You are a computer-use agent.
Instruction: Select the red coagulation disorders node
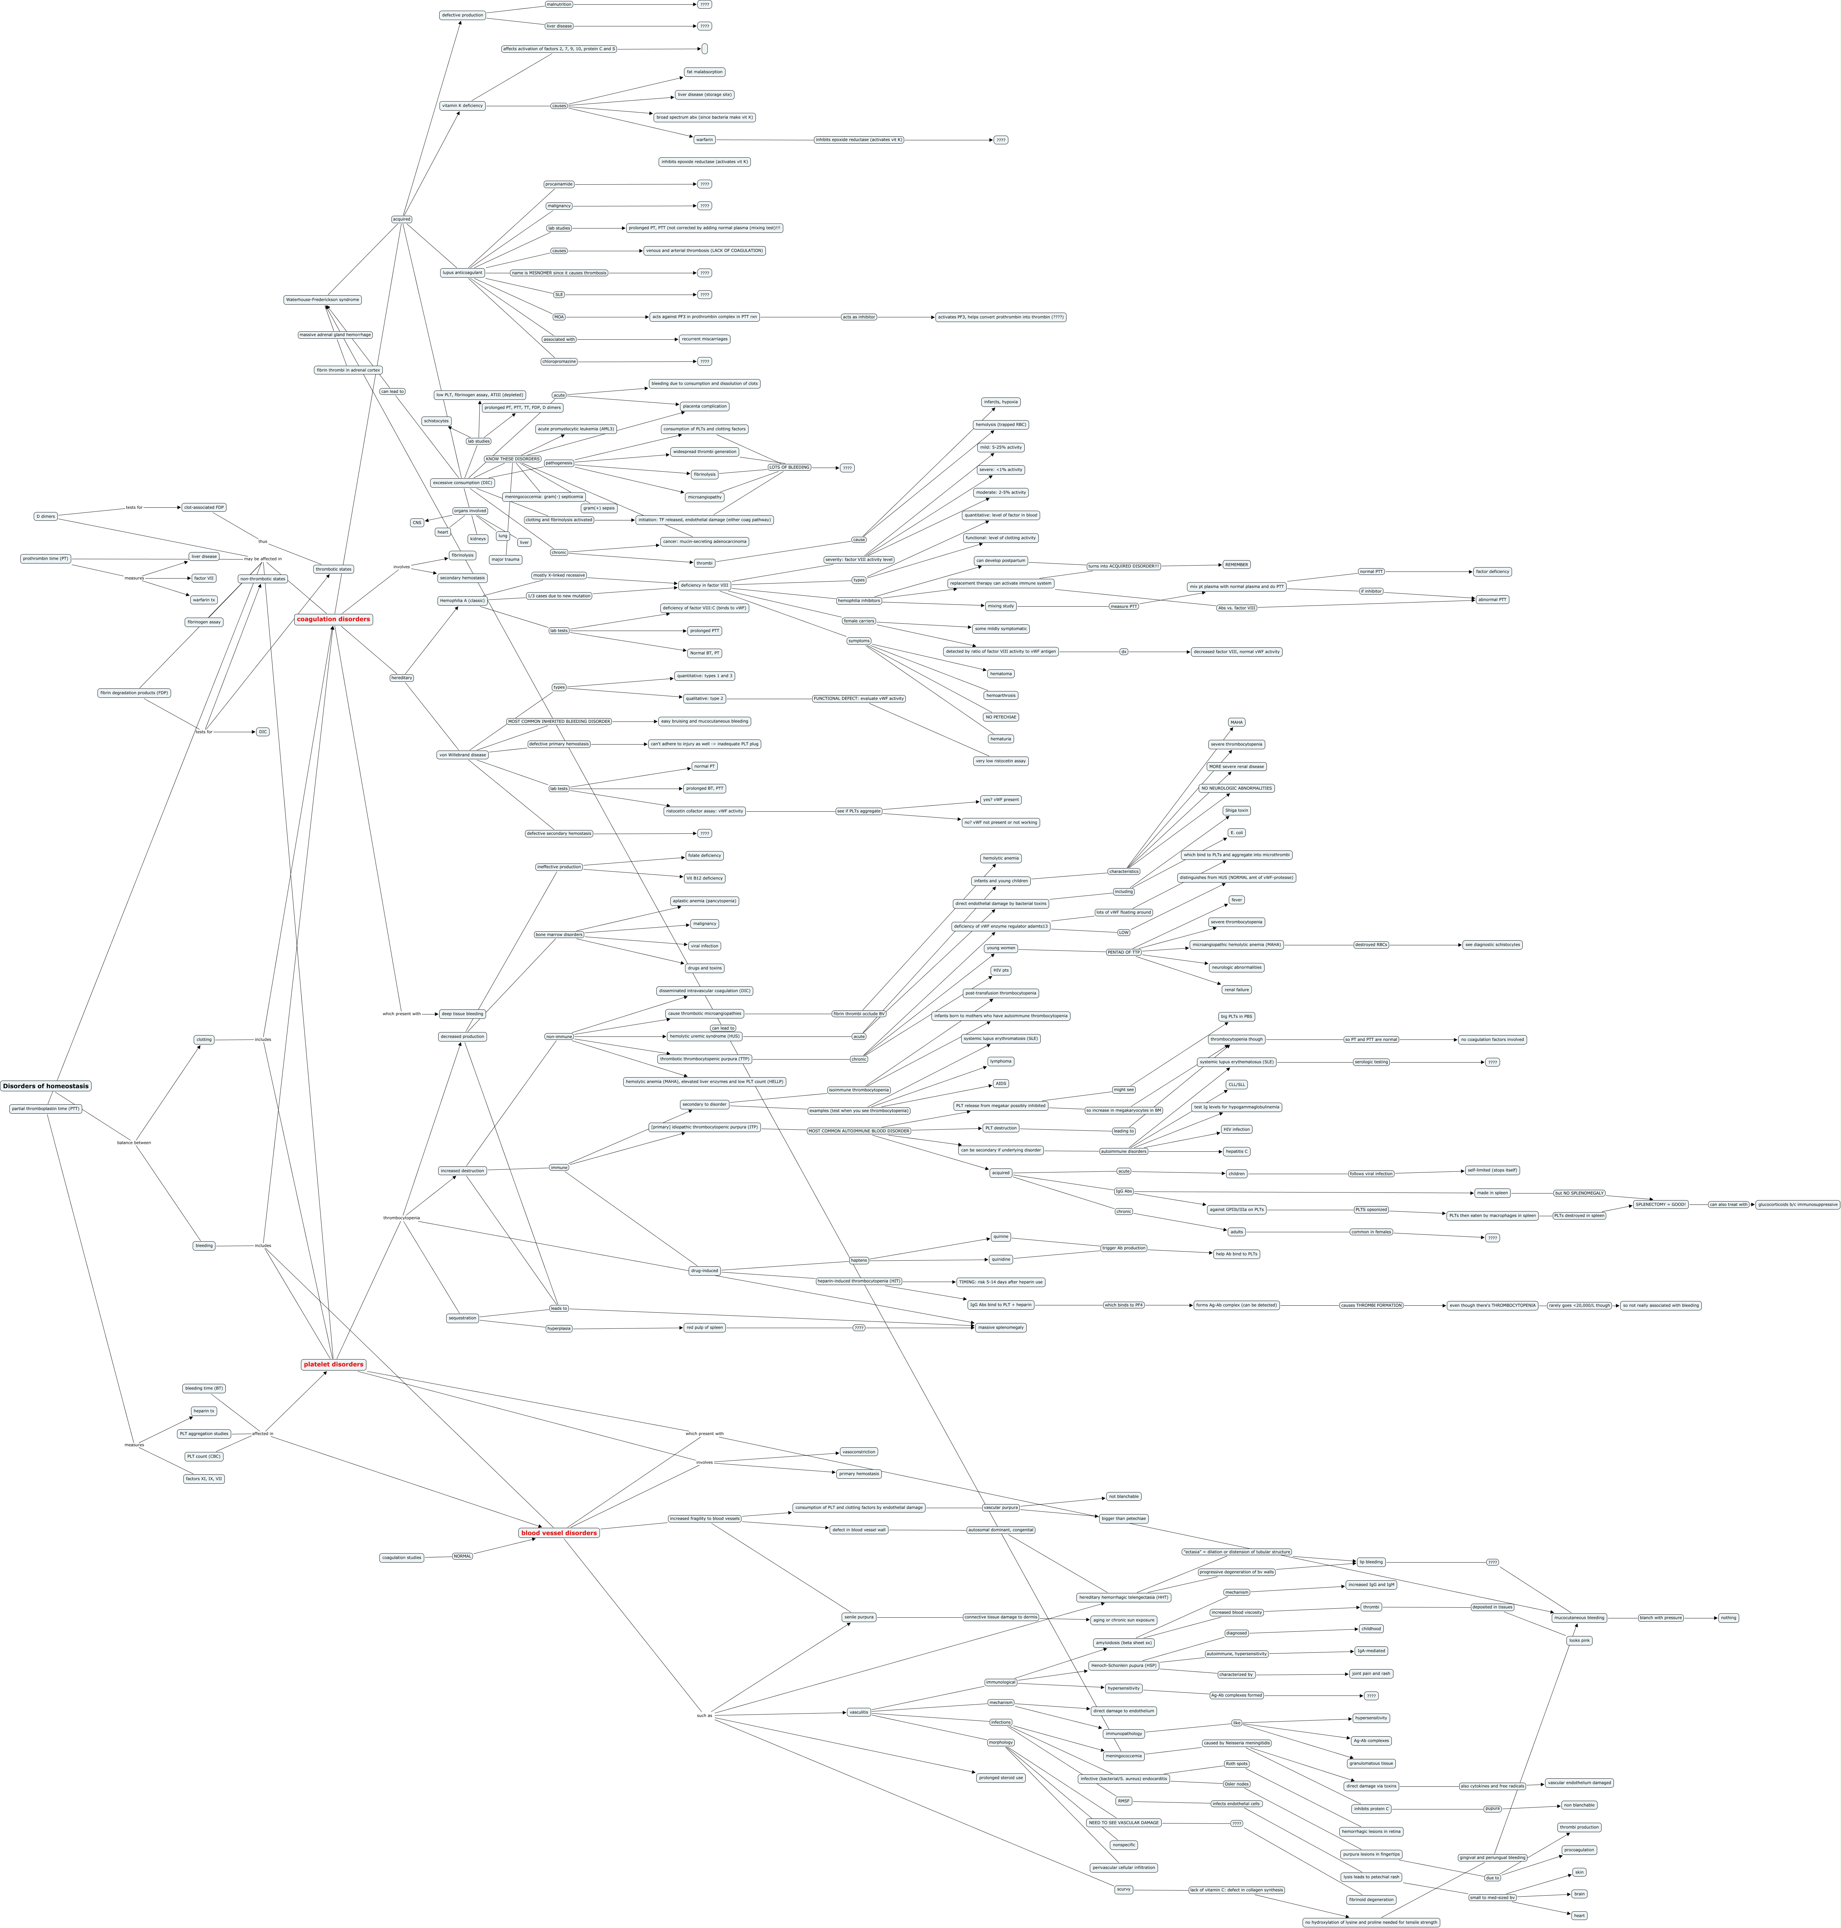pos(334,619)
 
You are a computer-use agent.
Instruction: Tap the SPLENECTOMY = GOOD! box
pos(1660,1204)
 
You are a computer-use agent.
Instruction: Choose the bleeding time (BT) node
pos(204,1388)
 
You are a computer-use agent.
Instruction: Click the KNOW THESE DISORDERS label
pos(512,459)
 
